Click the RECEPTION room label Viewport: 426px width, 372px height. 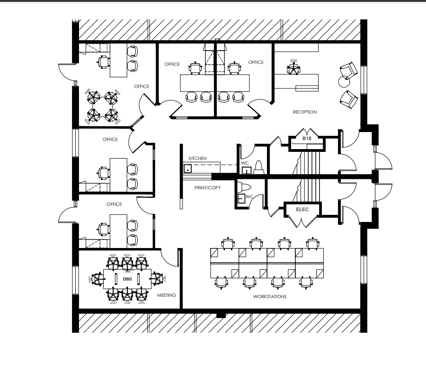[x=305, y=112]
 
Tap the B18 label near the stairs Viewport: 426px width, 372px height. [x=307, y=139]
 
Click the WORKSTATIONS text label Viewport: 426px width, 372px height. [x=270, y=297]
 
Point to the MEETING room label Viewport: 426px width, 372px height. [x=166, y=295]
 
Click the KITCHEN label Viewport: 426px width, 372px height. [x=197, y=159]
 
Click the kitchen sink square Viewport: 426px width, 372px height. [x=187, y=168]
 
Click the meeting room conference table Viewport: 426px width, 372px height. [x=126, y=279]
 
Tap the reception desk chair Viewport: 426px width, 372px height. [x=293, y=69]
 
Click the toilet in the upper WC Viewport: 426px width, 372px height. [x=258, y=167]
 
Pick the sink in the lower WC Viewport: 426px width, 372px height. [x=241, y=198]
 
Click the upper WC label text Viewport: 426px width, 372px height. [x=245, y=163]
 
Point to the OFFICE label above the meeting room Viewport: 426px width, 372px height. [x=114, y=204]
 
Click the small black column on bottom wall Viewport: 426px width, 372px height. [x=221, y=315]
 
